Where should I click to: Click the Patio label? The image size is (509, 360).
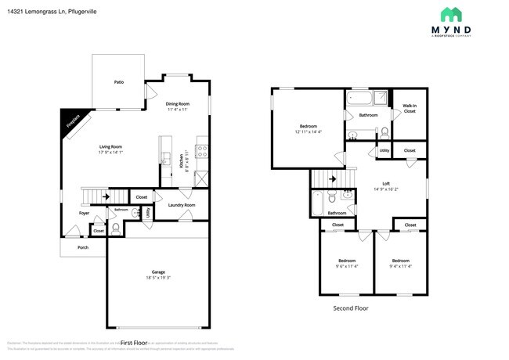pyautogui.click(x=119, y=81)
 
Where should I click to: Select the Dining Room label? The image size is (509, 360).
pyautogui.click(x=178, y=104)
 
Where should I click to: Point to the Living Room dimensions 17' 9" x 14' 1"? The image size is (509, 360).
pyautogui.click(x=110, y=153)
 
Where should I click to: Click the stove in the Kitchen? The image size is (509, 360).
pyautogui.click(x=201, y=150)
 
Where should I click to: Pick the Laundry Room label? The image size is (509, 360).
pyautogui.click(x=182, y=205)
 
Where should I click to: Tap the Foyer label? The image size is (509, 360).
pyautogui.click(x=84, y=213)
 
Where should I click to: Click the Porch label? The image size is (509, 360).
pyautogui.click(x=83, y=247)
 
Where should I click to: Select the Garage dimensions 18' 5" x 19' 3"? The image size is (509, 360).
pyautogui.click(x=158, y=278)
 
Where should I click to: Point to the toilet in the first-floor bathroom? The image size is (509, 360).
pyautogui.click(x=115, y=228)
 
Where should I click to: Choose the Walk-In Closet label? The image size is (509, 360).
pyautogui.click(x=410, y=108)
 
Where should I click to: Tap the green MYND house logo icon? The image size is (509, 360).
pyautogui.click(x=449, y=15)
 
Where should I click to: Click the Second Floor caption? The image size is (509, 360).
pyautogui.click(x=351, y=308)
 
